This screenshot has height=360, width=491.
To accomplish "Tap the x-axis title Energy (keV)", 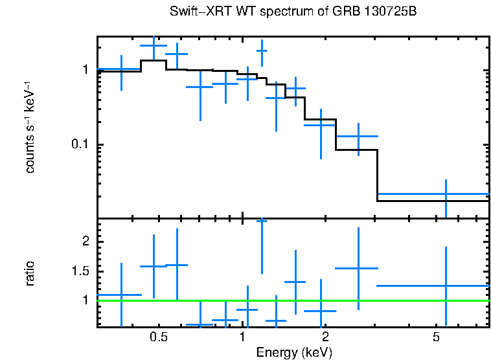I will [293, 353].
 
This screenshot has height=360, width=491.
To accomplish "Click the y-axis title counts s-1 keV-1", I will [30, 127].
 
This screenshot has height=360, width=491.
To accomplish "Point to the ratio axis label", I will [30, 274].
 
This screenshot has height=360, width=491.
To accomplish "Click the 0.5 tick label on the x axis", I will [159, 337].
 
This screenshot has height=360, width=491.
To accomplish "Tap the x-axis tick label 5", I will [436, 337].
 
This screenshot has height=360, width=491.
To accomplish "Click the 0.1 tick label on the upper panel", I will [82, 144].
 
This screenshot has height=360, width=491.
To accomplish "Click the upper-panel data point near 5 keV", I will [446, 194].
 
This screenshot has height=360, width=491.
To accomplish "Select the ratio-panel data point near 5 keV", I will [446, 286].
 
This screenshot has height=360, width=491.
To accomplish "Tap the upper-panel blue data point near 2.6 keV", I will [358, 137].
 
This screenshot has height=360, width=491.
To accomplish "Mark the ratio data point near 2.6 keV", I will [358, 268].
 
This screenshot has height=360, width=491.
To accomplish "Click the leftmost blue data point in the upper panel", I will [121, 69].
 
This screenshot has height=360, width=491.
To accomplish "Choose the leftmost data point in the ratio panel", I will [121, 295].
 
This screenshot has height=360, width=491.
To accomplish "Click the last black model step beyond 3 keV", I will [433, 201].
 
